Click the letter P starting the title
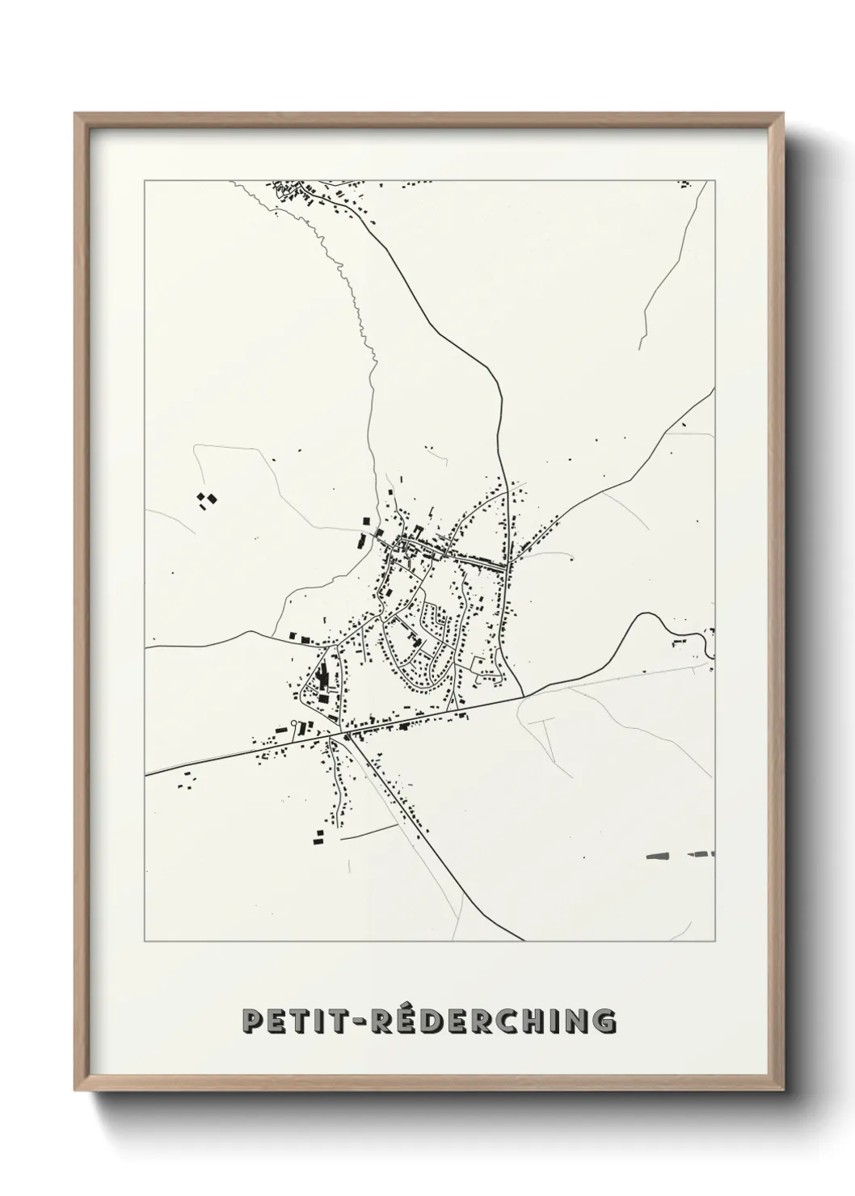point(254,1021)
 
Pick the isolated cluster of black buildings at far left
point(206,500)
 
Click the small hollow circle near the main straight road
point(294,722)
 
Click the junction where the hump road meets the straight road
point(523,695)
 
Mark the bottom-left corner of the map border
point(145,941)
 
